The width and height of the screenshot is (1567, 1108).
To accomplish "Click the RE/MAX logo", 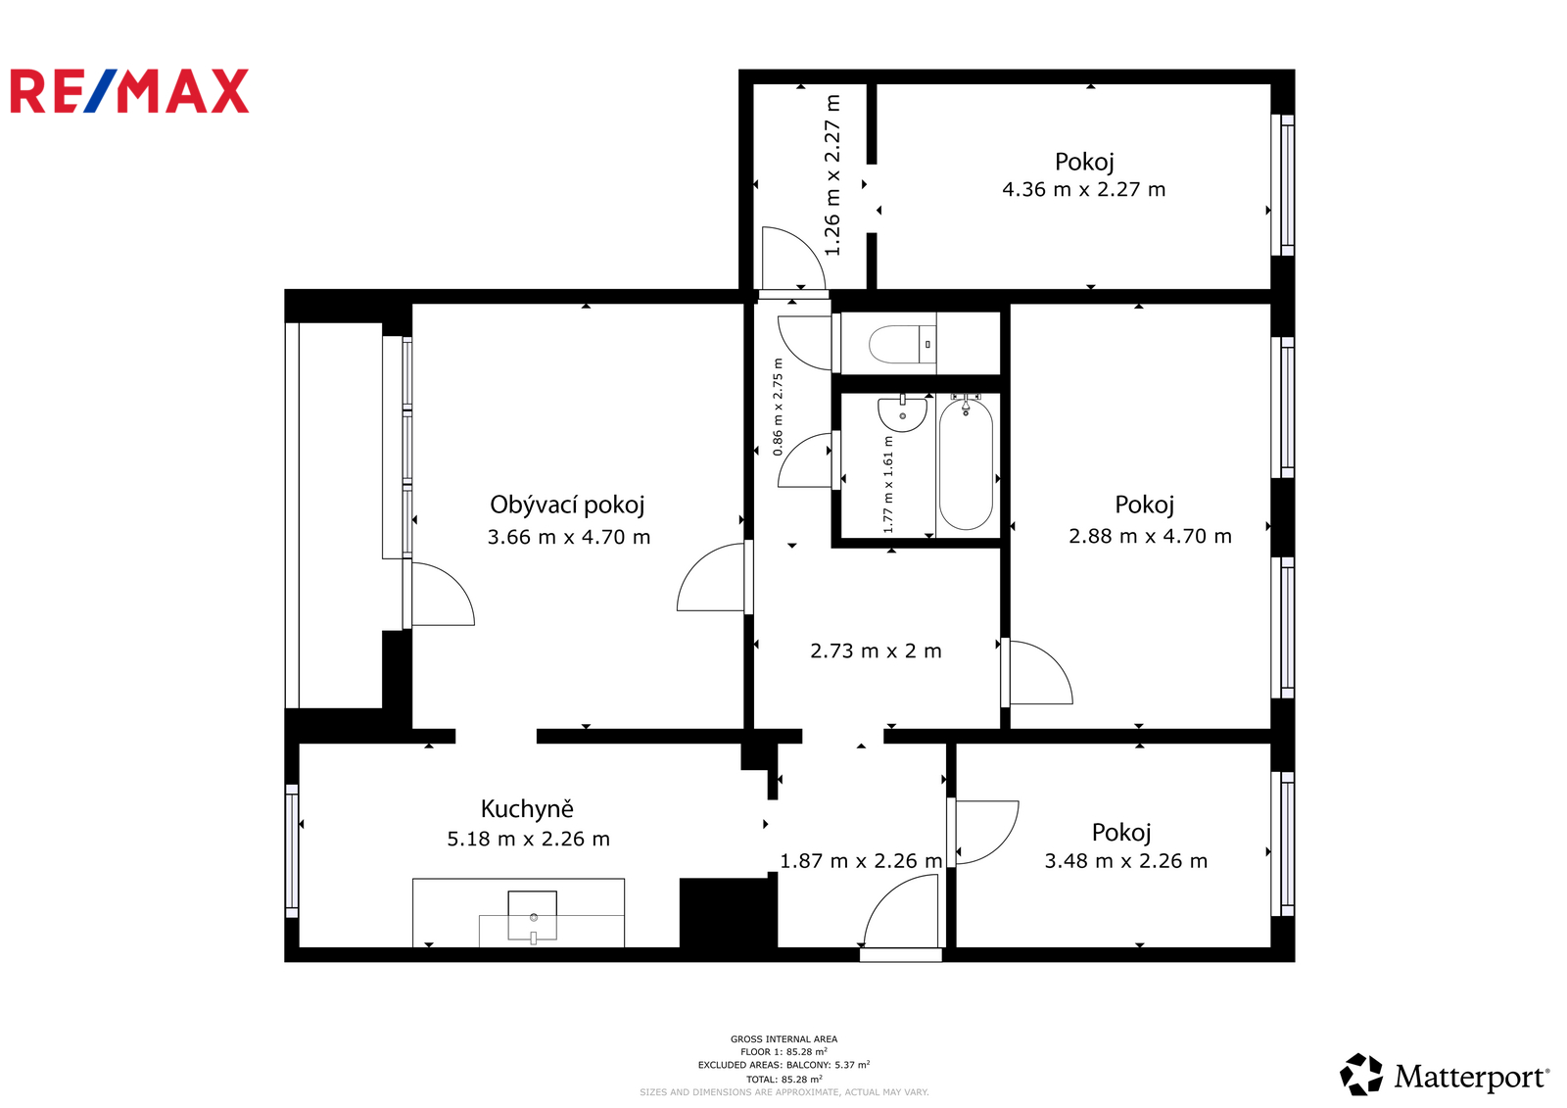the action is point(129,91).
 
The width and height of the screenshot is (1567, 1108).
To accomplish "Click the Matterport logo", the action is point(1444,1075).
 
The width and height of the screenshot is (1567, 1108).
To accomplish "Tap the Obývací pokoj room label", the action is point(567,505).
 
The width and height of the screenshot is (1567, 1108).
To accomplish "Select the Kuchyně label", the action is point(527,809).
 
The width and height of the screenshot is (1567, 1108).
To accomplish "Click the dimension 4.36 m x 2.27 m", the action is point(1083,190).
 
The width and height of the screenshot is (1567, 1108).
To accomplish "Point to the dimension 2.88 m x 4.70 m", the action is point(1150,536).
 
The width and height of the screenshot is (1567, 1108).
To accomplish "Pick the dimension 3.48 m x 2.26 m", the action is point(1126,861).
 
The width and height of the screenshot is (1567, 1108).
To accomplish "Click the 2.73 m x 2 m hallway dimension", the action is point(876,650).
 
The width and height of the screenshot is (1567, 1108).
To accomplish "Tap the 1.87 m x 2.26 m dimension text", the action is point(861,861).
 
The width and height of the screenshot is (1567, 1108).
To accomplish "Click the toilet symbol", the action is point(902,345).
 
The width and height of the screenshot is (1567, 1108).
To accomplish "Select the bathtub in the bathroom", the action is point(966,464).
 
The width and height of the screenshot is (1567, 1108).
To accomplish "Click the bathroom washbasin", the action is point(902,414).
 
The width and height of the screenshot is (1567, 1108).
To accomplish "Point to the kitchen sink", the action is point(533,916).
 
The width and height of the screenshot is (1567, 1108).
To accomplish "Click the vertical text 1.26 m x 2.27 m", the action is point(831,175).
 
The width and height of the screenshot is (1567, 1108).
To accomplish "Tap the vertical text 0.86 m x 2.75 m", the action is point(778,408).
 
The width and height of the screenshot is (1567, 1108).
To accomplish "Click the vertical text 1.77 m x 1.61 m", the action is point(888,484).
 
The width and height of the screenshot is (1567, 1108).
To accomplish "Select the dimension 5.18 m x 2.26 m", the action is point(528,840).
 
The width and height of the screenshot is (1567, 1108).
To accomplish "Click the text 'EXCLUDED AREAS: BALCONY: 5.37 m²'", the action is point(783,1065).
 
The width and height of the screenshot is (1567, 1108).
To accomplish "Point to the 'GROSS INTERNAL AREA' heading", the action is point(783,1039).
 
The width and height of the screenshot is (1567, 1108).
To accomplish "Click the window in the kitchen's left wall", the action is point(292,851).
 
